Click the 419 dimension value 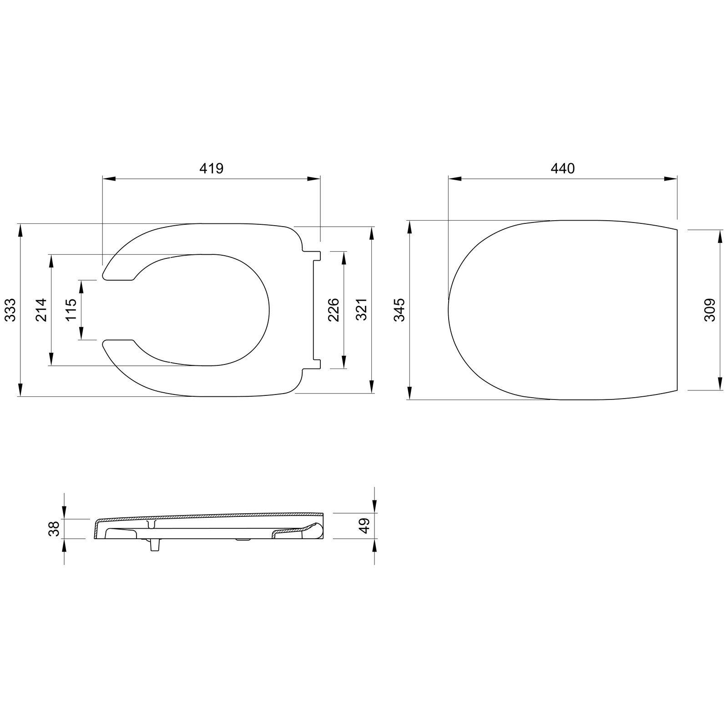212,168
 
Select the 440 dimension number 563,168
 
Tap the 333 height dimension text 10,310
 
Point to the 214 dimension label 41,310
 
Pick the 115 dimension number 71,310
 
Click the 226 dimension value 334,310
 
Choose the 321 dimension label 362,310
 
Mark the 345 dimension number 399,310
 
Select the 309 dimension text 710,310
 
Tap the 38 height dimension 54,529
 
